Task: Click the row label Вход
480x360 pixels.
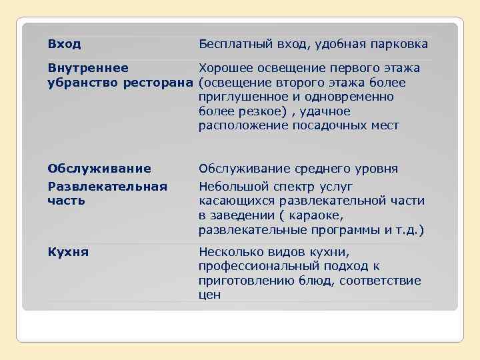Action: (x=64, y=44)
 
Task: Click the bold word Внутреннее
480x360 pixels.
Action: (x=89, y=68)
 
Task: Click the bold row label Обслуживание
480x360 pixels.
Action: (x=99, y=169)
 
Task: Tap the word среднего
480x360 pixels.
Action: (x=321, y=169)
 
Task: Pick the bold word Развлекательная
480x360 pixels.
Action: (x=107, y=186)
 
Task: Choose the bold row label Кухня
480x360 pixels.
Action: (x=68, y=252)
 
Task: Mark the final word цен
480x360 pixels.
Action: (x=209, y=295)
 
